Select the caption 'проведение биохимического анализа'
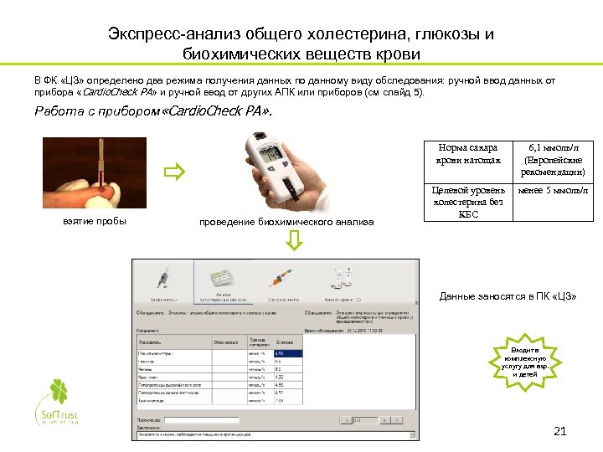tap(286, 222)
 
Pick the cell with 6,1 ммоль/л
tap(554, 160)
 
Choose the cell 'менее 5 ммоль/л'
tap(554, 191)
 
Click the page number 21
tap(561, 432)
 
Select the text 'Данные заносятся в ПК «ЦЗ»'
tap(508, 297)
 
